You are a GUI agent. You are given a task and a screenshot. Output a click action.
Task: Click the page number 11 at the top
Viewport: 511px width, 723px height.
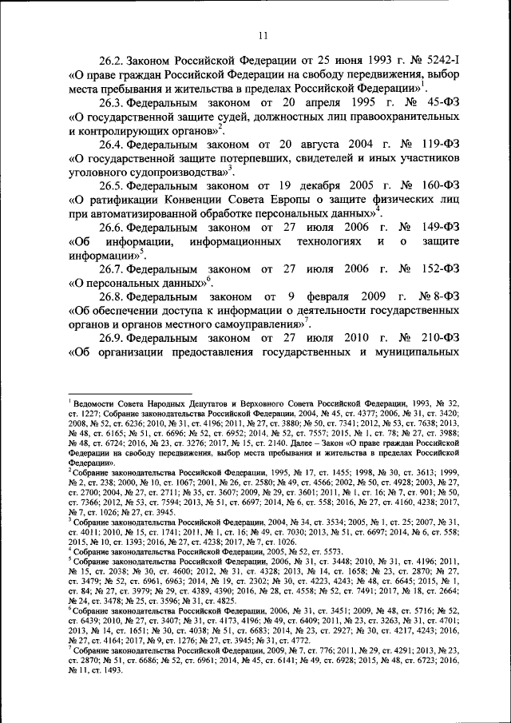[x=262, y=34]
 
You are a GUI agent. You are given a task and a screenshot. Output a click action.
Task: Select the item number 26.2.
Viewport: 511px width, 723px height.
[x=113, y=60]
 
